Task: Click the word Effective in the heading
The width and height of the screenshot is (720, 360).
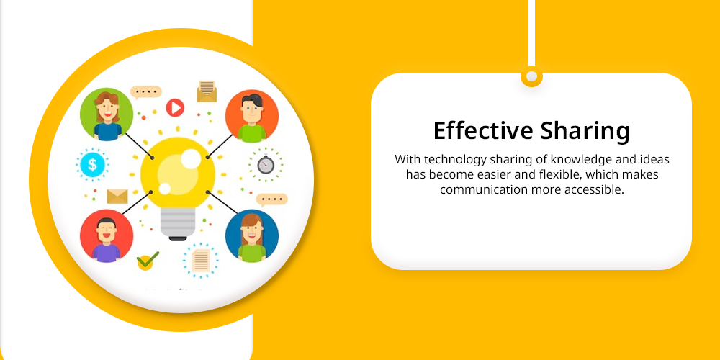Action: pyautogui.click(x=484, y=131)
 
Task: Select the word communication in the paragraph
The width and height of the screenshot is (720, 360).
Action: pyautogui.click(x=483, y=189)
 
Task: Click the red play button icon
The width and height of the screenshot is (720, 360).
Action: pyautogui.click(x=175, y=108)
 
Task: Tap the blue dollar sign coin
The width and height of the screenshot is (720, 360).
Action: pyautogui.click(x=92, y=164)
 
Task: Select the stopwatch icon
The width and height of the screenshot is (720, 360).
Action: pyautogui.click(x=266, y=164)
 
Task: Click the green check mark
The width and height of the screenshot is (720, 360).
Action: pyautogui.click(x=148, y=261)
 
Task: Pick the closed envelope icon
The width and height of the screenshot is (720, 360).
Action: pyautogui.click(x=117, y=196)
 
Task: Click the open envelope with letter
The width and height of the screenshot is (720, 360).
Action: pyautogui.click(x=207, y=91)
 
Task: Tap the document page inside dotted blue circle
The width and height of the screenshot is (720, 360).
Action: pyautogui.click(x=201, y=261)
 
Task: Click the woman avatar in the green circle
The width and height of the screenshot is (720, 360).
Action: pyautogui.click(x=107, y=114)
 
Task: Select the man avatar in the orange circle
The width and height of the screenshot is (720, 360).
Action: pyautogui.click(x=251, y=116)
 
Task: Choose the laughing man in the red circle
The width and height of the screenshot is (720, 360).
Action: pyautogui.click(x=107, y=236)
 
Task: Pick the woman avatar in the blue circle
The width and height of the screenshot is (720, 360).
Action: pyautogui.click(x=251, y=236)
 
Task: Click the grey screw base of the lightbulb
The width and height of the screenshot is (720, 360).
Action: pyautogui.click(x=178, y=224)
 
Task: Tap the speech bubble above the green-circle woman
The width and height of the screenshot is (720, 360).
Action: pyautogui.click(x=146, y=92)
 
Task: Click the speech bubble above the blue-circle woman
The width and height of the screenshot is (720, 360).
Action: pyautogui.click(x=272, y=199)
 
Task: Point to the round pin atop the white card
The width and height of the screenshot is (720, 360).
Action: pyautogui.click(x=532, y=77)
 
